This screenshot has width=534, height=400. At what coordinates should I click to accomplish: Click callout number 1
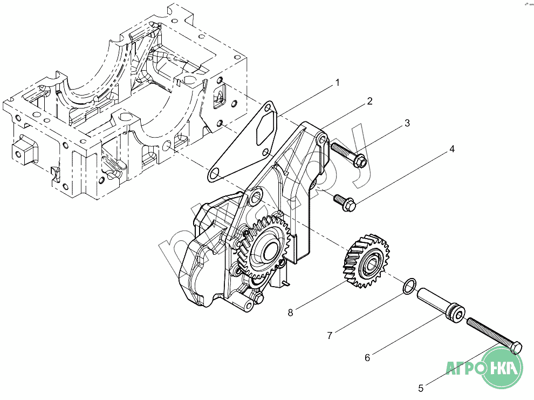click(337, 83)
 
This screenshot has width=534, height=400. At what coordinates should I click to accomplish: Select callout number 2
click(369, 101)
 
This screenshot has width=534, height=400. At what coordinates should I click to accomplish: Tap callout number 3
click(407, 123)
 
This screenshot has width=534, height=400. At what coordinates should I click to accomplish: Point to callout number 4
click(452, 149)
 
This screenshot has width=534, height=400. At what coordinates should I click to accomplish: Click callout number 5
click(421, 387)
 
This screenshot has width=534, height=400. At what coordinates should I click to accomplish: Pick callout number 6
click(367, 357)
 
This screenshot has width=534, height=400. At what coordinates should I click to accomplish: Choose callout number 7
click(329, 335)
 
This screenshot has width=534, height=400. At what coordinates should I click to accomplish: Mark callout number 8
click(290, 312)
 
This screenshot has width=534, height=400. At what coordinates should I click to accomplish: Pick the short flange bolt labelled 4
click(344, 201)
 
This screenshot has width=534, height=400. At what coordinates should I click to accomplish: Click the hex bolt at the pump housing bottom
click(258, 299)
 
